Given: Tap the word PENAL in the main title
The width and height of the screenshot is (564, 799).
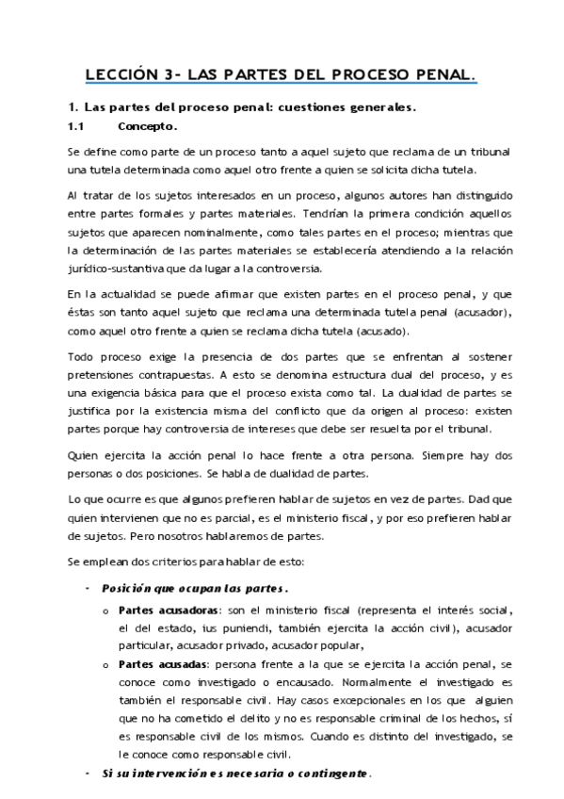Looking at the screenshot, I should [441, 73].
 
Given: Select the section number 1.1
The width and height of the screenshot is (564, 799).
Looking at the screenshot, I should [76, 125].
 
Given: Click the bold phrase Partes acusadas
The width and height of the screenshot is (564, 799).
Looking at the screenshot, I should [161, 664].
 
